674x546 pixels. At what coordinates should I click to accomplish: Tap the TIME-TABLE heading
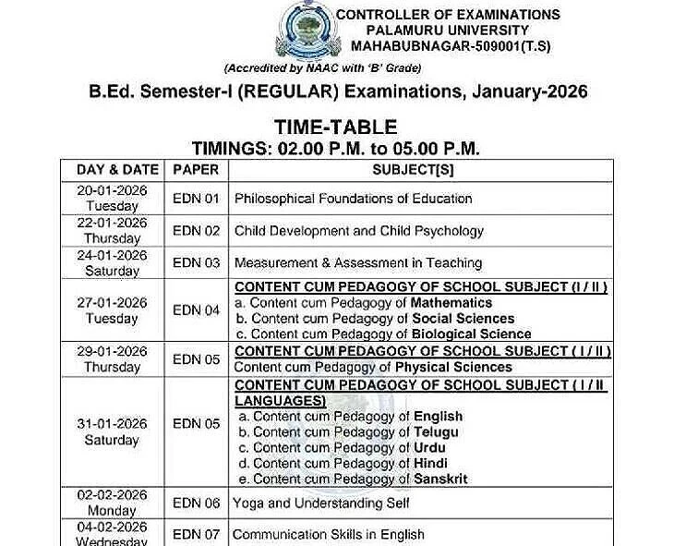pyautogui.click(x=335, y=127)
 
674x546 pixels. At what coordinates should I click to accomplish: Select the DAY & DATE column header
pyautogui.click(x=112, y=170)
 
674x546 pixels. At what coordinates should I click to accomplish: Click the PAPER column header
pyautogui.click(x=196, y=170)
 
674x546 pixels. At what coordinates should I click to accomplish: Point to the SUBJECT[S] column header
pyautogui.click(x=413, y=170)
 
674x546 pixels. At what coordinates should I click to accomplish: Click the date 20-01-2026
pyautogui.click(x=113, y=190)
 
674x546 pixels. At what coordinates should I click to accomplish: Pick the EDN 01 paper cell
pyautogui.click(x=196, y=199)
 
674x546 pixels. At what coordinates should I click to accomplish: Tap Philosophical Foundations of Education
pyautogui.click(x=353, y=199)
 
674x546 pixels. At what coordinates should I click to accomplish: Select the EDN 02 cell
pyautogui.click(x=196, y=231)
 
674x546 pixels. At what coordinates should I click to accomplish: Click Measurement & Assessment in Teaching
pyautogui.click(x=358, y=263)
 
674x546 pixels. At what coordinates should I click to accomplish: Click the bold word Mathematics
pyautogui.click(x=451, y=303)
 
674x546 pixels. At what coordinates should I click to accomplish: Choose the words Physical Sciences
pyautogui.click(x=453, y=367)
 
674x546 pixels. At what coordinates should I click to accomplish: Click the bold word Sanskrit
pyautogui.click(x=440, y=479)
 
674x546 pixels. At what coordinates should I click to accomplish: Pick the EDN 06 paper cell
pyautogui.click(x=196, y=504)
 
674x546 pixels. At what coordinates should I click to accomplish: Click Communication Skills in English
pyautogui.click(x=329, y=534)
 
